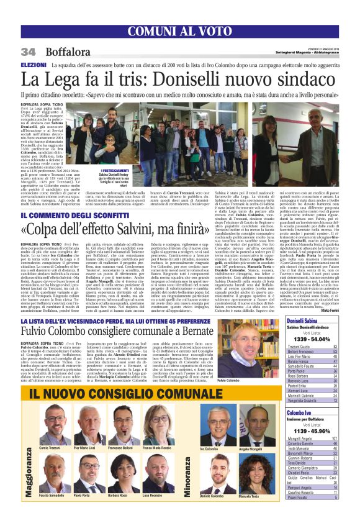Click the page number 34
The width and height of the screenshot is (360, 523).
pos(29,52)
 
